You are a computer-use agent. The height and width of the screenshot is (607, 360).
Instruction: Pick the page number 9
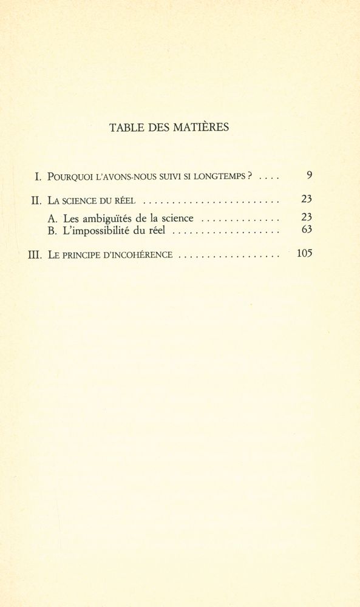point(309,176)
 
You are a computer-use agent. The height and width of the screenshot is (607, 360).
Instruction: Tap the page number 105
point(304,254)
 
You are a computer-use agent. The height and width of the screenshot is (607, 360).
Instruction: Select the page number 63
point(307,230)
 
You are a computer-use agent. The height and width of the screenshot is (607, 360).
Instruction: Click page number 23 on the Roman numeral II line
point(307,199)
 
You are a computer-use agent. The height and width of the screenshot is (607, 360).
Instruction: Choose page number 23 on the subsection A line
point(307,217)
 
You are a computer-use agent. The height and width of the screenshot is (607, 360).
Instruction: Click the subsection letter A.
point(51,218)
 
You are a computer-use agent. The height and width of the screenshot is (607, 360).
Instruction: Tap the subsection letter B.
point(51,231)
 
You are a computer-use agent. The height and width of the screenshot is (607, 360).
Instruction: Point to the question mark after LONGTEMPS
point(250,177)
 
